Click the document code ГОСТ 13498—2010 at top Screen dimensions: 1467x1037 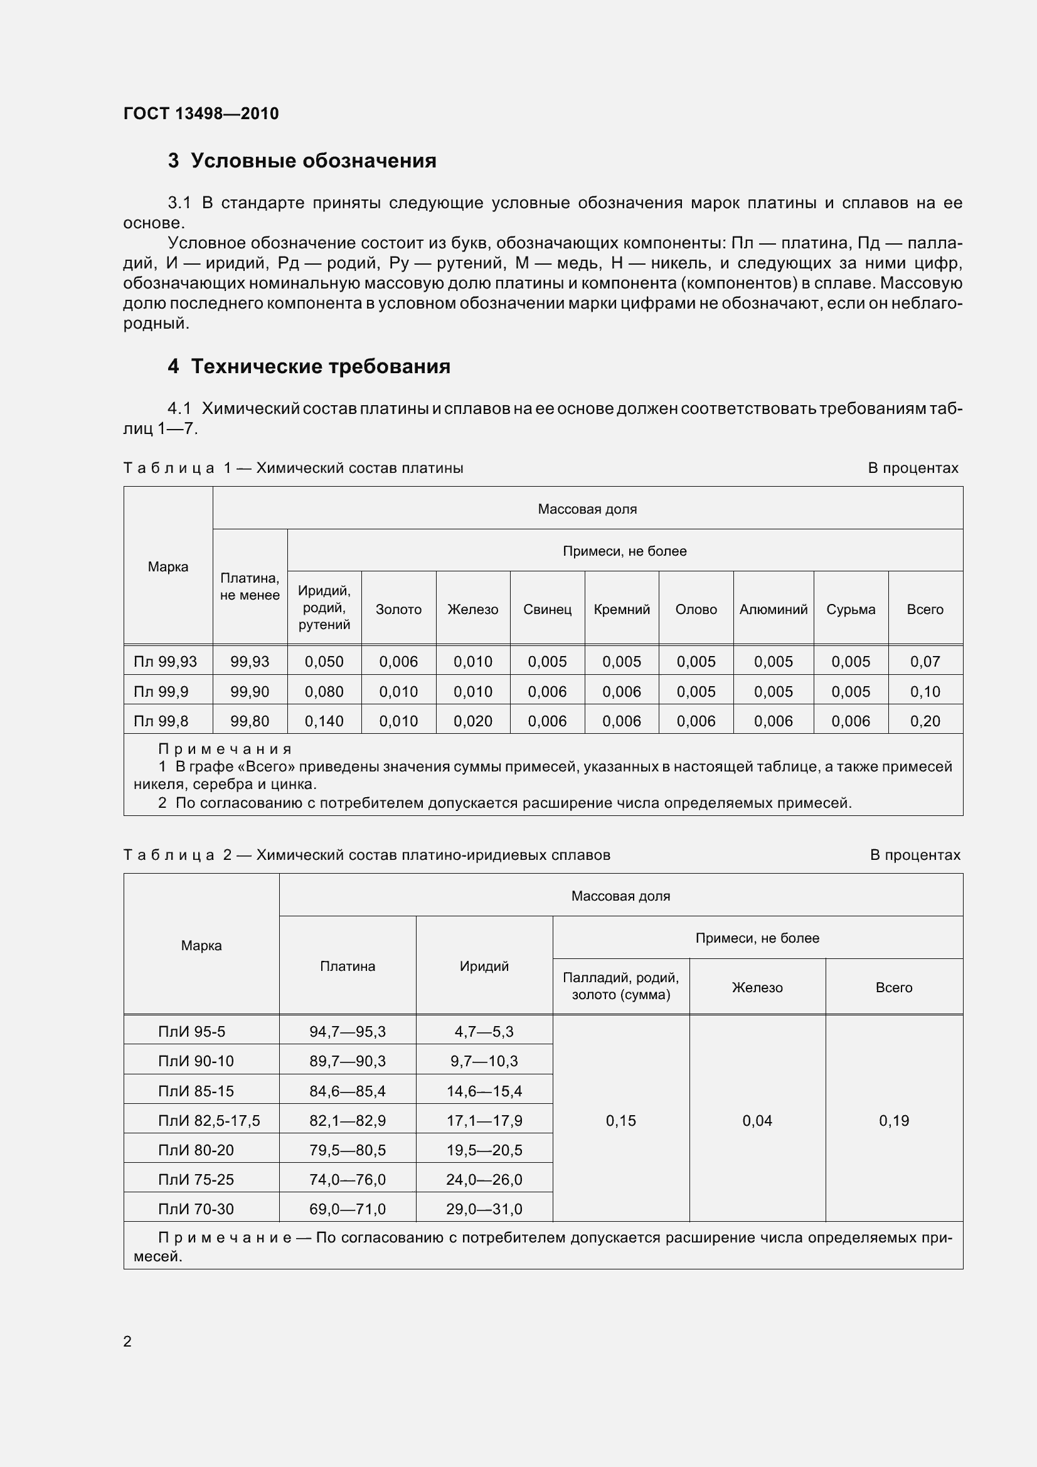click(201, 114)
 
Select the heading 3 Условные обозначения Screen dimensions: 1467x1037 click(302, 161)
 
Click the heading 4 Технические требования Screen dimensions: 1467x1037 click(309, 366)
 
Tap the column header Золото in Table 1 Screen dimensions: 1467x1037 click(398, 609)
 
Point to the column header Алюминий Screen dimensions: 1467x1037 click(773, 609)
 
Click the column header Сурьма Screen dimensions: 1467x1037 click(851, 609)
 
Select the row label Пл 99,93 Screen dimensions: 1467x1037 click(166, 661)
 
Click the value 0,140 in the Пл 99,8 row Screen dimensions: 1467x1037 click(324, 721)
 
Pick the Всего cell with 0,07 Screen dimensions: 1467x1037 click(925, 661)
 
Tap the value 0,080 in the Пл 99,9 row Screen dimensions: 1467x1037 click(324, 691)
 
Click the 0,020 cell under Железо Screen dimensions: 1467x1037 click(473, 721)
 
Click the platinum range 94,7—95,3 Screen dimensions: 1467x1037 click(348, 1031)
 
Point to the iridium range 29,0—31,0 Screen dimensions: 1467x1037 click(484, 1209)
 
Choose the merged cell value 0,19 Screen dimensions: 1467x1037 click(893, 1120)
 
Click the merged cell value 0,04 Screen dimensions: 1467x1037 click(757, 1120)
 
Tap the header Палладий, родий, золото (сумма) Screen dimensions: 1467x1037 click(620, 986)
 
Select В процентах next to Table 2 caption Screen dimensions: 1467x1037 click(915, 855)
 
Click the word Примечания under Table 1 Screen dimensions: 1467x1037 click(225, 749)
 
